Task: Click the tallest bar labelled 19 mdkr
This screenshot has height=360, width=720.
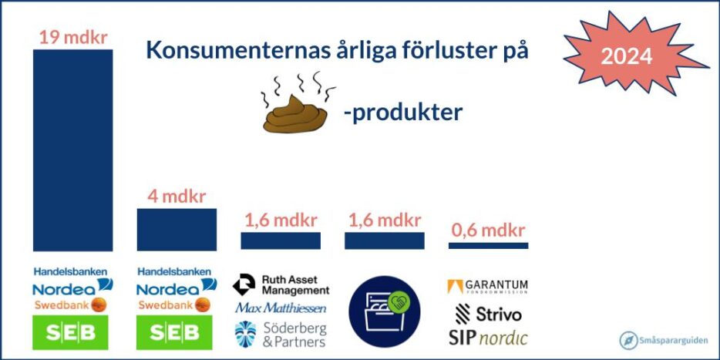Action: (72, 150)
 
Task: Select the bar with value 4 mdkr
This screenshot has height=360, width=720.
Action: (177, 230)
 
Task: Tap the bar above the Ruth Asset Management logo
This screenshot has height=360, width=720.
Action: (281, 241)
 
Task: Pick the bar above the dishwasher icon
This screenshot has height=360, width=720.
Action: (385, 241)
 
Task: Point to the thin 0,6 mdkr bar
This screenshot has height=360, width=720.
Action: (488, 246)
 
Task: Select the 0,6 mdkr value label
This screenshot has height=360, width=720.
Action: (488, 230)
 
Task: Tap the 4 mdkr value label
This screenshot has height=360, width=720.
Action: (177, 197)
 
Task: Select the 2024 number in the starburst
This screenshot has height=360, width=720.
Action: (626, 56)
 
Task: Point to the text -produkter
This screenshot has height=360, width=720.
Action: (402, 113)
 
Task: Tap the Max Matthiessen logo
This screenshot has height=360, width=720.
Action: (281, 307)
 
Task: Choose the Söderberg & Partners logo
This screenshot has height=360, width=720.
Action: (281, 335)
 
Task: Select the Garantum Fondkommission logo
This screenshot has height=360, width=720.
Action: (487, 287)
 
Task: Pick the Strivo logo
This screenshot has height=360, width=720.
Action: (488, 314)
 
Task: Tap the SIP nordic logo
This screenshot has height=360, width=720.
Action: (488, 338)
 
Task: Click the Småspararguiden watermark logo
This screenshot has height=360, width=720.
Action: (664, 340)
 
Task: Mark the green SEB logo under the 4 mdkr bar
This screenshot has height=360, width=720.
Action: (174, 332)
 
